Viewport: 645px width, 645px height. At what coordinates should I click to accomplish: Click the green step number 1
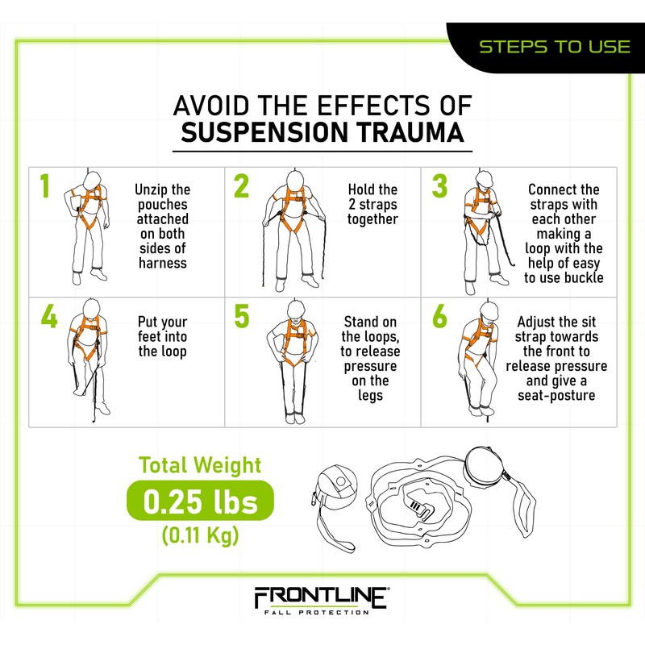tap(45, 185)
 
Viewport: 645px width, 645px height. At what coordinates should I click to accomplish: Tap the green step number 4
tap(48, 316)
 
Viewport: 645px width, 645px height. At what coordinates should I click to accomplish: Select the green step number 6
tap(439, 316)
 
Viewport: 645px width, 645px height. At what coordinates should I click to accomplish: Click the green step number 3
tap(439, 185)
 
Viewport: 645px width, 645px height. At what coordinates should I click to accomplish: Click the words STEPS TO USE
tap(555, 46)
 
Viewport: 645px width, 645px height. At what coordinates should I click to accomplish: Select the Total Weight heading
tap(200, 465)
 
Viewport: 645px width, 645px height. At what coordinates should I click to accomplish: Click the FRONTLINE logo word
tap(321, 597)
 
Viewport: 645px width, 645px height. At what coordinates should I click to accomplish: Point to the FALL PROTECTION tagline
tap(321, 614)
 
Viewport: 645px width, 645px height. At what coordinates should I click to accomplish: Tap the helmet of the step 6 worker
tap(487, 310)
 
